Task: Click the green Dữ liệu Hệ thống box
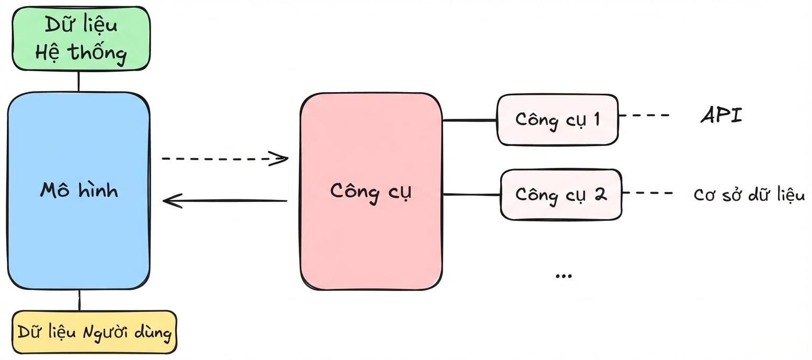click(x=81, y=38)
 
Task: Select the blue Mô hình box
click(x=78, y=190)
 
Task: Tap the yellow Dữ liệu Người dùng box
click(x=94, y=332)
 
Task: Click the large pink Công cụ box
click(x=371, y=192)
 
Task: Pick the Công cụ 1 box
click(x=558, y=120)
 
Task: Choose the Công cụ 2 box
click(x=561, y=195)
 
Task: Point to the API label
click(x=721, y=115)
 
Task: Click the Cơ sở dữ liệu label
click(x=749, y=194)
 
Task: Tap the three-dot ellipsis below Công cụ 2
click(x=563, y=276)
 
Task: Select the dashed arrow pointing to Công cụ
click(x=225, y=159)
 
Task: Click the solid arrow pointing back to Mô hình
click(x=225, y=200)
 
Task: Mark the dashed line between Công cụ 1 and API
click(x=644, y=115)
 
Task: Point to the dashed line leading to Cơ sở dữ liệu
click(x=648, y=193)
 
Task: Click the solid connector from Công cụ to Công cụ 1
click(x=470, y=120)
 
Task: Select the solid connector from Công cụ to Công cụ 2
click(x=471, y=195)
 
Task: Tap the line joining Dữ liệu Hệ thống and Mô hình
click(x=78, y=81)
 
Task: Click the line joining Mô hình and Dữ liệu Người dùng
click(x=80, y=300)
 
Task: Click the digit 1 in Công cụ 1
click(x=596, y=119)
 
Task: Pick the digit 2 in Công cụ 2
click(x=600, y=194)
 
